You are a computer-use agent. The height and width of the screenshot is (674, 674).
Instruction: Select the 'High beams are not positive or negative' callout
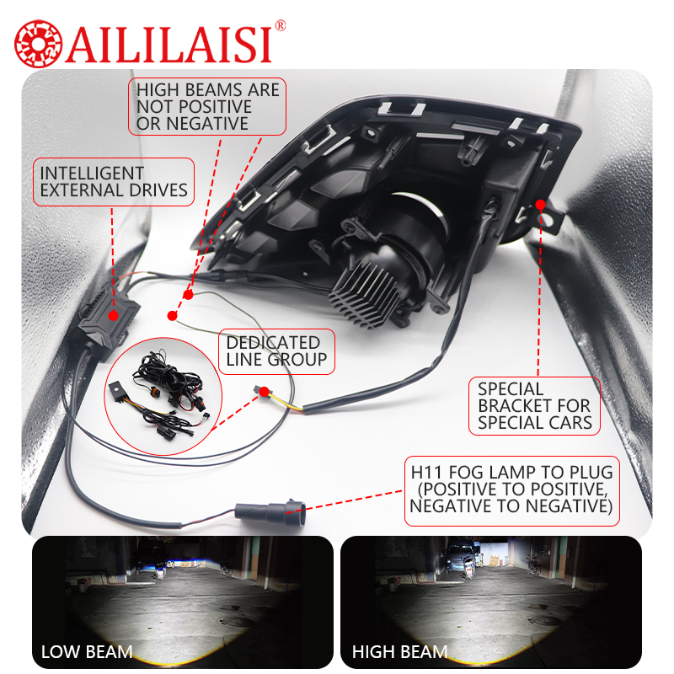pyautogui.click(x=206, y=106)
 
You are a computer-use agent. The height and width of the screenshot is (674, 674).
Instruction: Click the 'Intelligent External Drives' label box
pyautogui.click(x=114, y=181)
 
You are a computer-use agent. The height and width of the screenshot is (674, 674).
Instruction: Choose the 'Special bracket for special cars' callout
pyautogui.click(x=534, y=406)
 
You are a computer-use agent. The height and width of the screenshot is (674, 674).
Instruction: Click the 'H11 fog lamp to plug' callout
pyautogui.click(x=511, y=488)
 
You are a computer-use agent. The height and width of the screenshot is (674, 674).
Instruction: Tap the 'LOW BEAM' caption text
pyautogui.click(x=87, y=651)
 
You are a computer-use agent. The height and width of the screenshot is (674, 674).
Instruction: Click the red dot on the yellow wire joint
pyautogui.click(x=265, y=391)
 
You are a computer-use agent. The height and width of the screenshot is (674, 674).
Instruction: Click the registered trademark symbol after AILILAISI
pyautogui.click(x=281, y=25)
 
